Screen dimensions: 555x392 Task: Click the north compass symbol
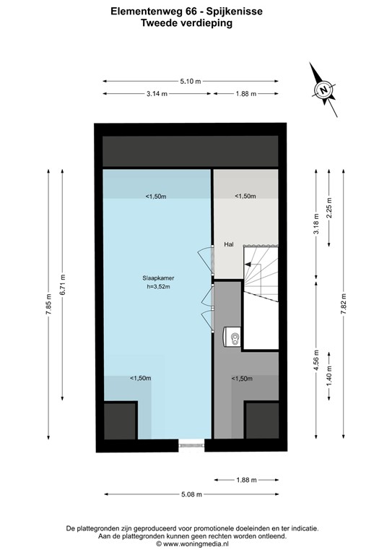[324, 90]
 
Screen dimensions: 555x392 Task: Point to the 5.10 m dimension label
[191, 81]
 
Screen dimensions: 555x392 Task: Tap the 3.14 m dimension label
[157, 94]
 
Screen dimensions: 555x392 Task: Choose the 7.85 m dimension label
[49, 304]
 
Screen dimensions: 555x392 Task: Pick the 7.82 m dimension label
[344, 304]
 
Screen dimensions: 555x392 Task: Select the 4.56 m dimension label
[315, 360]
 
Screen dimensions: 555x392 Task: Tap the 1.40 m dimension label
[328, 395]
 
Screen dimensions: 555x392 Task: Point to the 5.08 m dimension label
[191, 494]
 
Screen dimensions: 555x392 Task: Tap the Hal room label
[229, 244]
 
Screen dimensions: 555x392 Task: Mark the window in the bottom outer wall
[191, 446]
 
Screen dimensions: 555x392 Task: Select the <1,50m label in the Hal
[245, 196]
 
